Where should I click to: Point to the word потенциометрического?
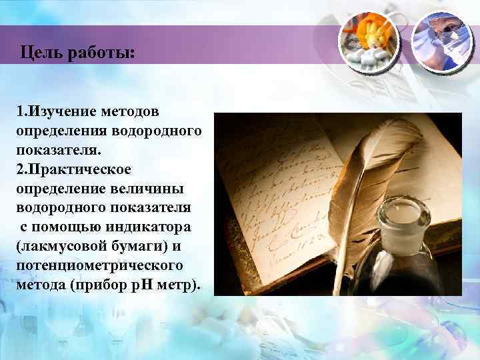[x=98, y=267]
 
